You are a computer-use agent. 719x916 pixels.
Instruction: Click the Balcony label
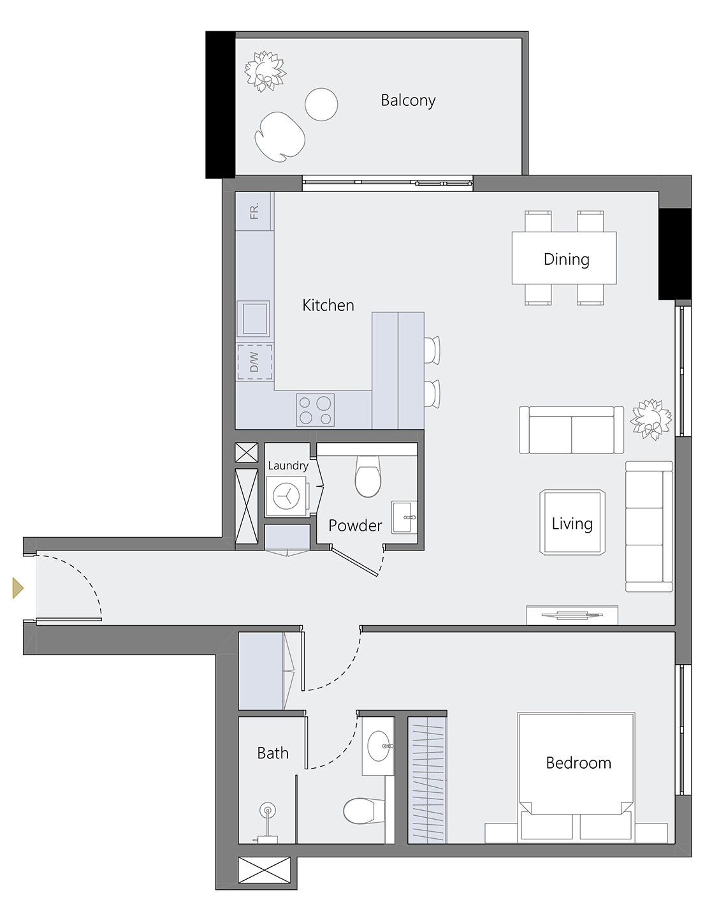408,101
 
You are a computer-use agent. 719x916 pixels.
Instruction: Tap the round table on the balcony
321,105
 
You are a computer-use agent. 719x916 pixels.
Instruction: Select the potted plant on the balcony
265,71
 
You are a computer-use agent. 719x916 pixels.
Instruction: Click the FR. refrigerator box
254,211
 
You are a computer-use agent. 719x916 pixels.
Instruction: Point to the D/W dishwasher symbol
255,362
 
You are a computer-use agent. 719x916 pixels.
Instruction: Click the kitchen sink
254,318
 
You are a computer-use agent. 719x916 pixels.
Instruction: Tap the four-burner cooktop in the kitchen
316,410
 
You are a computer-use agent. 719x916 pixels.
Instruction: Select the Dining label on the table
566,259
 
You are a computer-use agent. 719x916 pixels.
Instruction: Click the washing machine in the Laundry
286,496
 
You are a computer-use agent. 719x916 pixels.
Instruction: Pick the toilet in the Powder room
368,477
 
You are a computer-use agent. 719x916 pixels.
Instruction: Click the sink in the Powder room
403,517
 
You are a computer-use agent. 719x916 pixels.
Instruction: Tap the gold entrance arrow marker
20,587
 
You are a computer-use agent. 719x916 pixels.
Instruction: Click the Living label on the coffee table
572,524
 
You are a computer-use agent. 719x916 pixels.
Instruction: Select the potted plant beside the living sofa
651,419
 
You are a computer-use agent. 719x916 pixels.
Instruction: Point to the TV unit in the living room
572,615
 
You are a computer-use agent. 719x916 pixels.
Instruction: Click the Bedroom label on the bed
578,763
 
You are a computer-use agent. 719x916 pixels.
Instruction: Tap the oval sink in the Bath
379,746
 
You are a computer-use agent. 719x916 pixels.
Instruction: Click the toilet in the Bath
362,811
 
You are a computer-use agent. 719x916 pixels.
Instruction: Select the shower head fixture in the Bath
268,812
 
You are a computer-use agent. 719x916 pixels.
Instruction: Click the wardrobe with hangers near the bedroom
426,779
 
